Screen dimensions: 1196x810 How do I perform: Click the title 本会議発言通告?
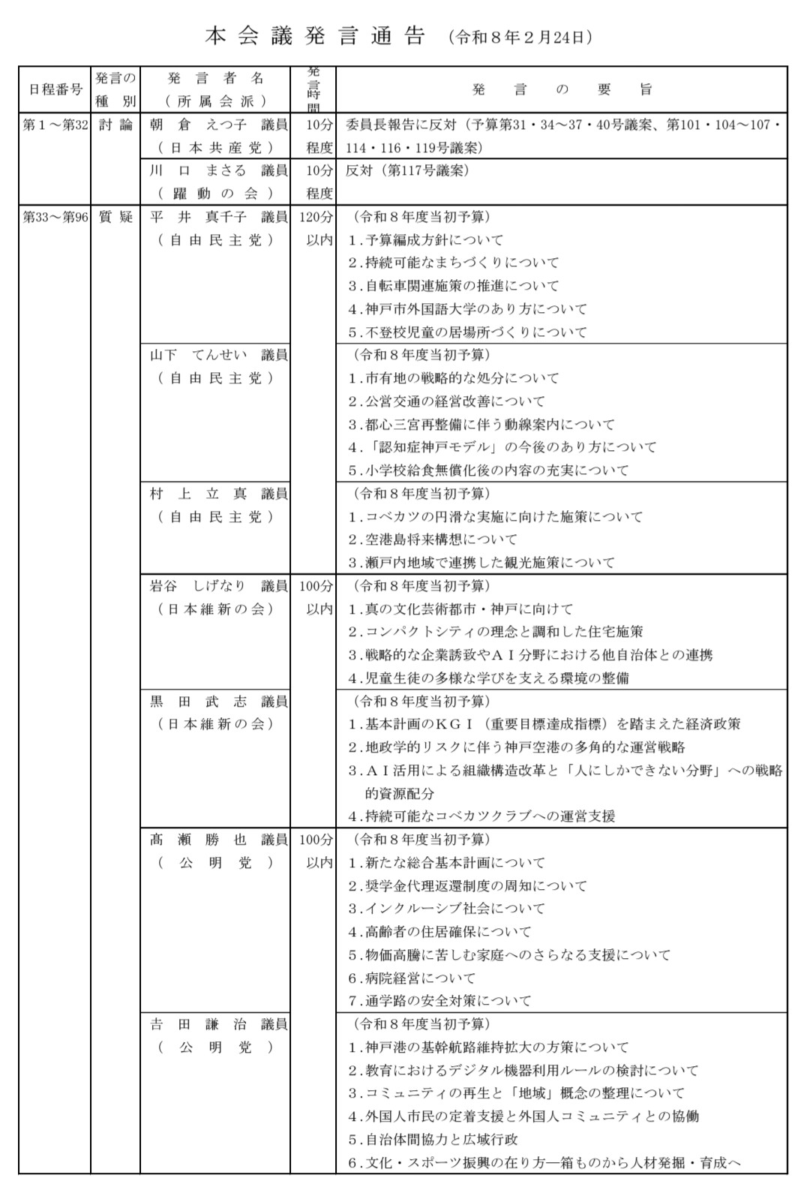coord(315,37)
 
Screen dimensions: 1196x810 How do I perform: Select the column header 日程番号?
coord(55,89)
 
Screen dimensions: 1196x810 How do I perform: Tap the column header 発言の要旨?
coord(562,89)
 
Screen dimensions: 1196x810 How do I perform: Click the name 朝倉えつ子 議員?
coord(218,125)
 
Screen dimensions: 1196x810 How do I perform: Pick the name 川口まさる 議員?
coord(218,170)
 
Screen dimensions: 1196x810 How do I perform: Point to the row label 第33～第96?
coord(55,217)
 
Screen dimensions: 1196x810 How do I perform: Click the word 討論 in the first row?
coord(115,125)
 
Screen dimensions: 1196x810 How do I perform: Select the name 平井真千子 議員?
coord(218,217)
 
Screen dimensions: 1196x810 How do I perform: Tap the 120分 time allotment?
coord(315,217)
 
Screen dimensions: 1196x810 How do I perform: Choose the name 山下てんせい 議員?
coord(218,355)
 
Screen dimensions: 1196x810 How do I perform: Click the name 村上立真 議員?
coord(218,494)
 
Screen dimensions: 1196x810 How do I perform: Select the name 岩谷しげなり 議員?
coord(218,586)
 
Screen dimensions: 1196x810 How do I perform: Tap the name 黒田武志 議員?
coord(218,702)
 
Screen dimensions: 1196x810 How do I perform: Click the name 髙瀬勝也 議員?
coord(218,840)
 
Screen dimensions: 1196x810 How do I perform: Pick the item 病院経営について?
coord(412,978)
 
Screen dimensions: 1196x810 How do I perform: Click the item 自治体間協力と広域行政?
coord(433,1139)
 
